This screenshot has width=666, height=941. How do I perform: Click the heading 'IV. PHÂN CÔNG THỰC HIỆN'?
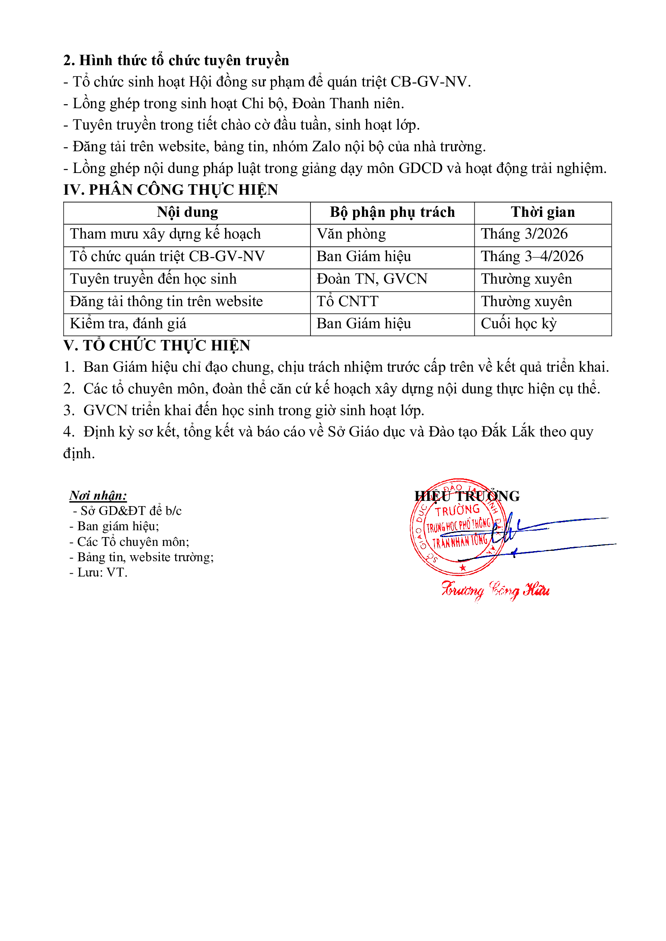[171, 190]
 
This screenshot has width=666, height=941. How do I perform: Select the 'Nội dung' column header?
[187, 212]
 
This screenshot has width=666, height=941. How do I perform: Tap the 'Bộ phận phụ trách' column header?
[392, 212]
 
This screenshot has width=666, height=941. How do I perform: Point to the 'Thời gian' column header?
[542, 212]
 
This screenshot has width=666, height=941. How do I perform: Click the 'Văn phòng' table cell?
[351, 234]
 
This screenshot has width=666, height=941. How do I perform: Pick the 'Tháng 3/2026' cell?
[524, 234]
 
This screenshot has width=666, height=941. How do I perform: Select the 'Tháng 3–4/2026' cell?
[532, 257]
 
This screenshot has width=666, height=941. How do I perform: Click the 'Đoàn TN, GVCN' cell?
[372, 279]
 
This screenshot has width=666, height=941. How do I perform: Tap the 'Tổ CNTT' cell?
[347, 302]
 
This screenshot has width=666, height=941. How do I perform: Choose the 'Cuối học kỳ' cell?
[518, 324]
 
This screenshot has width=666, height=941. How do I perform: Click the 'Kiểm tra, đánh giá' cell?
[128, 324]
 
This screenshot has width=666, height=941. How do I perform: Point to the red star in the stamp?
[463, 568]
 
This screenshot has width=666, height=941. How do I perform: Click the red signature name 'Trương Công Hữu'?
[495, 590]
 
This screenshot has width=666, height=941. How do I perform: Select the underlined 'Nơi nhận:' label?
[98, 496]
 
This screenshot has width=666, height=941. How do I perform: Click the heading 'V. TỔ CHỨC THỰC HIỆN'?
[157, 346]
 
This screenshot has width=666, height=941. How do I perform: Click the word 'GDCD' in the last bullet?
[420, 169]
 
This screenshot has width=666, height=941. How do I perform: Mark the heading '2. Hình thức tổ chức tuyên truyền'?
[176, 61]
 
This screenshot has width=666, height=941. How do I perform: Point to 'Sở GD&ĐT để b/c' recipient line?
[130, 511]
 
